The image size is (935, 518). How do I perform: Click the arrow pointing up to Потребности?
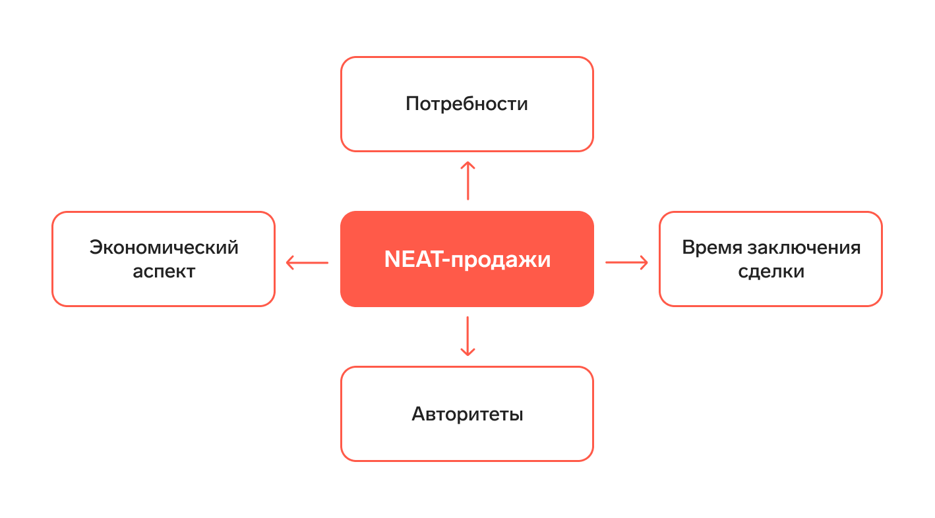click(x=467, y=180)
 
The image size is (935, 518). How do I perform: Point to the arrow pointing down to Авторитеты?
click(x=467, y=336)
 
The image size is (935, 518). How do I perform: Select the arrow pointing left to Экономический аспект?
click(x=307, y=263)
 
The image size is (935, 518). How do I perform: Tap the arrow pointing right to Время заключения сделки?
click(x=626, y=263)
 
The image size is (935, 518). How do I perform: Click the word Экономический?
click(x=164, y=248)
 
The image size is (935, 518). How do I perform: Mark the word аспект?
click(x=164, y=272)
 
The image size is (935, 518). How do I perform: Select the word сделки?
click(x=771, y=272)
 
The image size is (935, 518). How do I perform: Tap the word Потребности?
click(x=467, y=104)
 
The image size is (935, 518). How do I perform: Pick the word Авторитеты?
click(x=467, y=415)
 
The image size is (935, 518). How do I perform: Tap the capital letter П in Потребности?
click(x=412, y=104)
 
